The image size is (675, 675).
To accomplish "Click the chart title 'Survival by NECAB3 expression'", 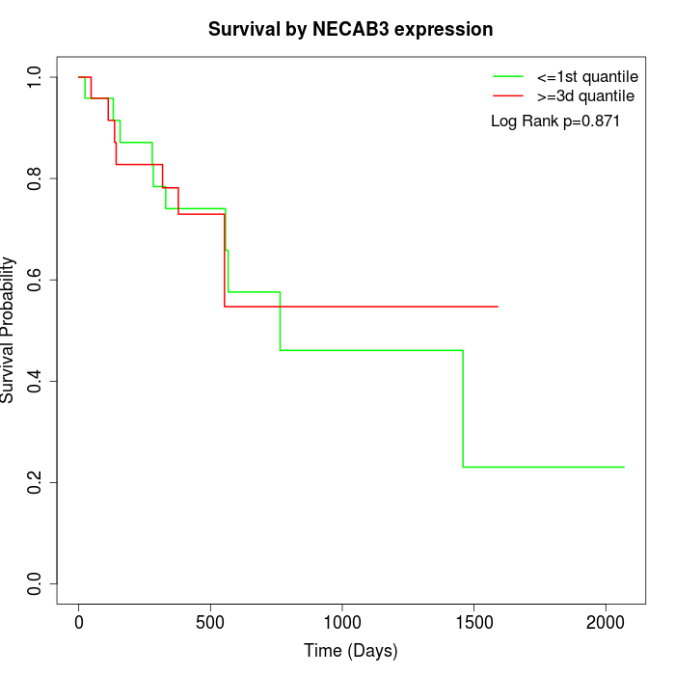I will pos(351,30).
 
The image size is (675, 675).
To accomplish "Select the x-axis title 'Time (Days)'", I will pos(351,651).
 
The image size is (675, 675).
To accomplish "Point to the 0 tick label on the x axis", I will pos(79,623).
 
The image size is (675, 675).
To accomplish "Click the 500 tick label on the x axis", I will pos(210,623).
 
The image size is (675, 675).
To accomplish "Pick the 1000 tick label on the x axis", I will pos(342,623).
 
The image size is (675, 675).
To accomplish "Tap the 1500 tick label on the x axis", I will pos(473,623).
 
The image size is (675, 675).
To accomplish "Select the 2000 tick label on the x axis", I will pos(606,623).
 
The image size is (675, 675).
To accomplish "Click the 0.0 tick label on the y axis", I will pos(36,583).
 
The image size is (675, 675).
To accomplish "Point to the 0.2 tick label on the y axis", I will pos(36,482).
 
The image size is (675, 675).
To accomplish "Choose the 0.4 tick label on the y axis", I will pos(36,381).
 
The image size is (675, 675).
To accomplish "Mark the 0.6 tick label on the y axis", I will pos(36,280).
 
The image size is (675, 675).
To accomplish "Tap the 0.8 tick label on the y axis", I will pos(36,178).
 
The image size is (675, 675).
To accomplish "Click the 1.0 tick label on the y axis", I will pos(36,77).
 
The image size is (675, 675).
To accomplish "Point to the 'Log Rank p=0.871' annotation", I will pos(555,121).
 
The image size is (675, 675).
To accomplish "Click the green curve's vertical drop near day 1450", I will pos(463,409).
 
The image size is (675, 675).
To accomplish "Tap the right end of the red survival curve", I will pos(498,307).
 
